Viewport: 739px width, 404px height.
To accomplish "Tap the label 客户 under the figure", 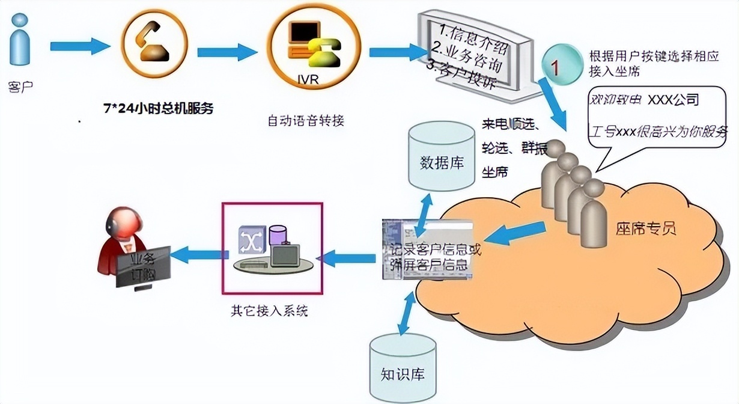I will [20, 87].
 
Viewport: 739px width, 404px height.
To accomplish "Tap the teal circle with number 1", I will [556, 67].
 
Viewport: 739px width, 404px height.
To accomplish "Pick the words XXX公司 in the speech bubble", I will [673, 99].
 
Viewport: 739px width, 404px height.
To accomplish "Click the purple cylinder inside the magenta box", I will [278, 234].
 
